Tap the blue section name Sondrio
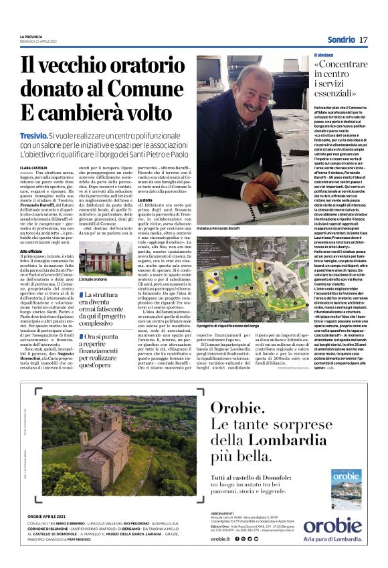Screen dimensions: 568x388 pos(339,40)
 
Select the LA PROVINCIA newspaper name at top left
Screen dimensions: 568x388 pos(31,36)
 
